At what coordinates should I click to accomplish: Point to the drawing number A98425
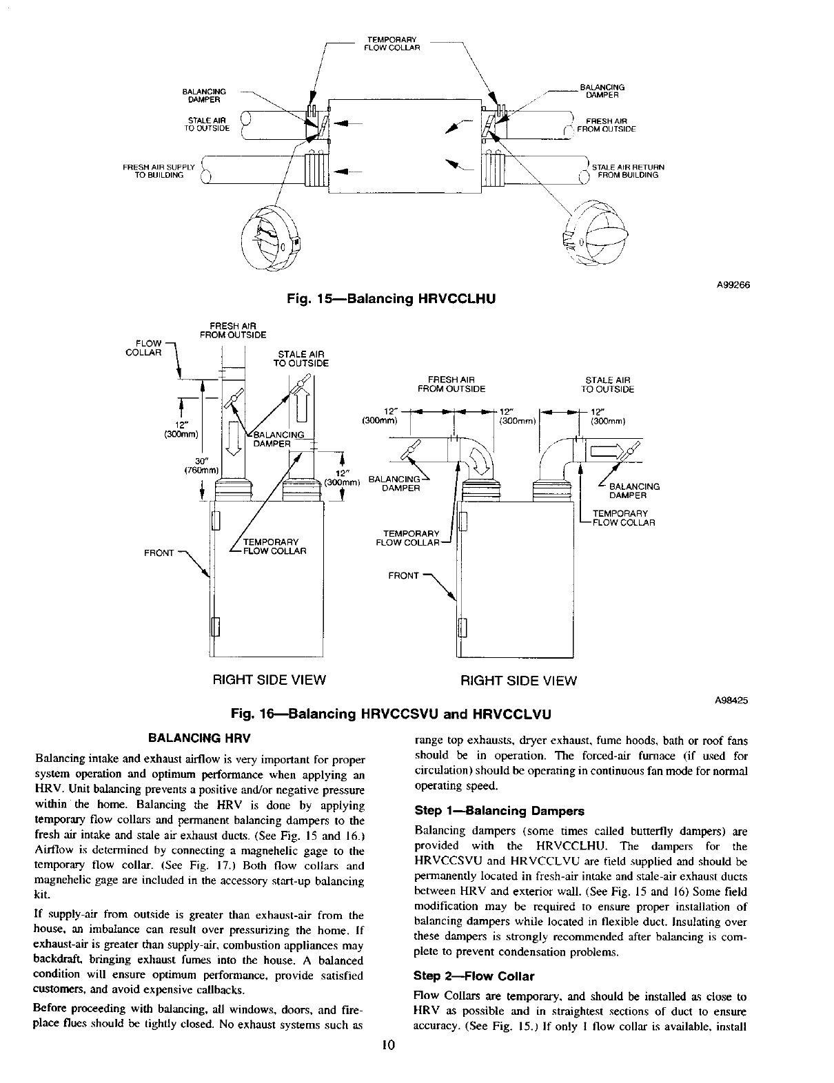click(x=732, y=700)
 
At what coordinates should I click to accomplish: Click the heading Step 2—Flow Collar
click(x=474, y=976)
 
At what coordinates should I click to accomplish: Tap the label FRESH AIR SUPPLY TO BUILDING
click(x=159, y=171)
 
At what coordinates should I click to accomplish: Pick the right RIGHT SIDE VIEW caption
click(x=518, y=681)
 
